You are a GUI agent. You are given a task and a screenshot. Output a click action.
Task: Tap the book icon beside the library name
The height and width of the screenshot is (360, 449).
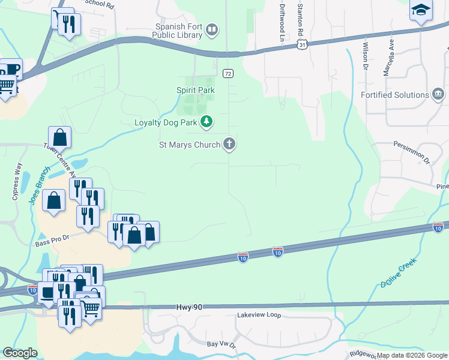212,29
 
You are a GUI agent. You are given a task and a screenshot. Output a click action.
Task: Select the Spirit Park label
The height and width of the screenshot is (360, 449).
195,90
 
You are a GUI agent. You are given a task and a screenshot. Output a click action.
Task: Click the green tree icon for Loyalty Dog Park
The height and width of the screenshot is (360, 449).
207,122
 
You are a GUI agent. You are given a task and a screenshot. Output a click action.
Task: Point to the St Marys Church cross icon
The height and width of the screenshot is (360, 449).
229,144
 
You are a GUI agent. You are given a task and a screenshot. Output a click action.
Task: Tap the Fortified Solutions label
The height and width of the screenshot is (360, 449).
394,95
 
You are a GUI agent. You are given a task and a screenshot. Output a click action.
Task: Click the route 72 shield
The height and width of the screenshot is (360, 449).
228,73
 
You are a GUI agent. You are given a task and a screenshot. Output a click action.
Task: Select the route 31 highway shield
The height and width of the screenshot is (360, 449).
304,45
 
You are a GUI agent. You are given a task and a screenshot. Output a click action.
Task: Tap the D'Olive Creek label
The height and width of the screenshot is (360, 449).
399,274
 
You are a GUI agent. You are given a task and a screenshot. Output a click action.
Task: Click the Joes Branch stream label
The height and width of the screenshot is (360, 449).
35,188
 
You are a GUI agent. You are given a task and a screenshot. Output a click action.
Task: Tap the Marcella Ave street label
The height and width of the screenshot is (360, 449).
390,58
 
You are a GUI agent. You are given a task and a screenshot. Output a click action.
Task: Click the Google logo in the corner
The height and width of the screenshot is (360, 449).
20,353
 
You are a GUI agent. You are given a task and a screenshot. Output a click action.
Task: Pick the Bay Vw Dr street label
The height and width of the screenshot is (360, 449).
222,344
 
